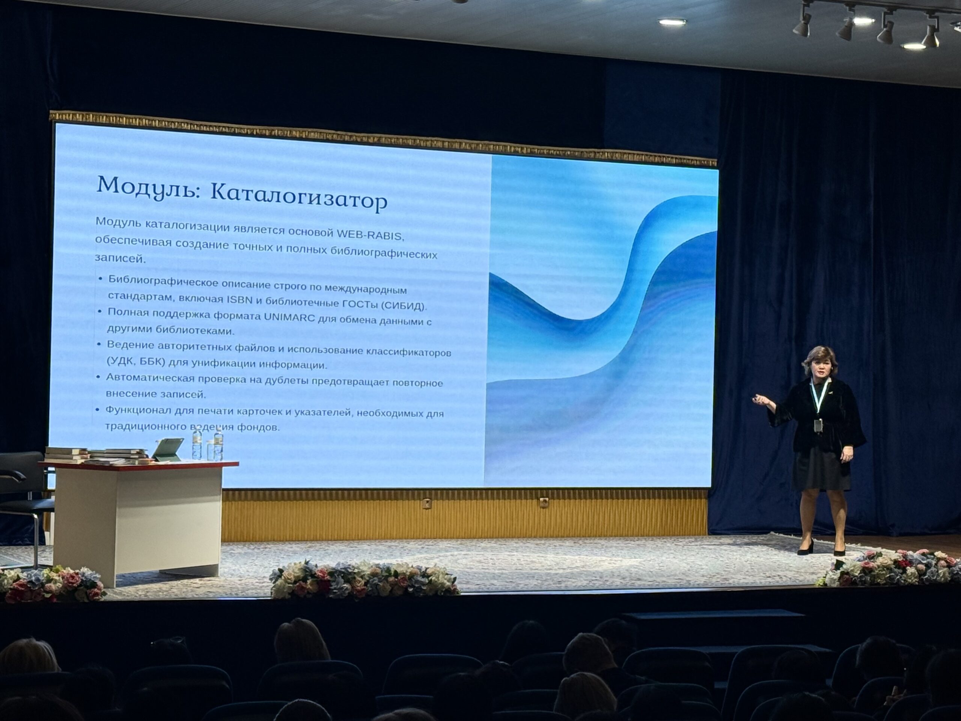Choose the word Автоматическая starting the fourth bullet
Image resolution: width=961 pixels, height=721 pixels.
pos(149,377)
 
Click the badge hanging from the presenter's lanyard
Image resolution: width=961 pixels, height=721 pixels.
pos(818,426)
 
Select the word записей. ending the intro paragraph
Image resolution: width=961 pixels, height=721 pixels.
pos(120,258)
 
